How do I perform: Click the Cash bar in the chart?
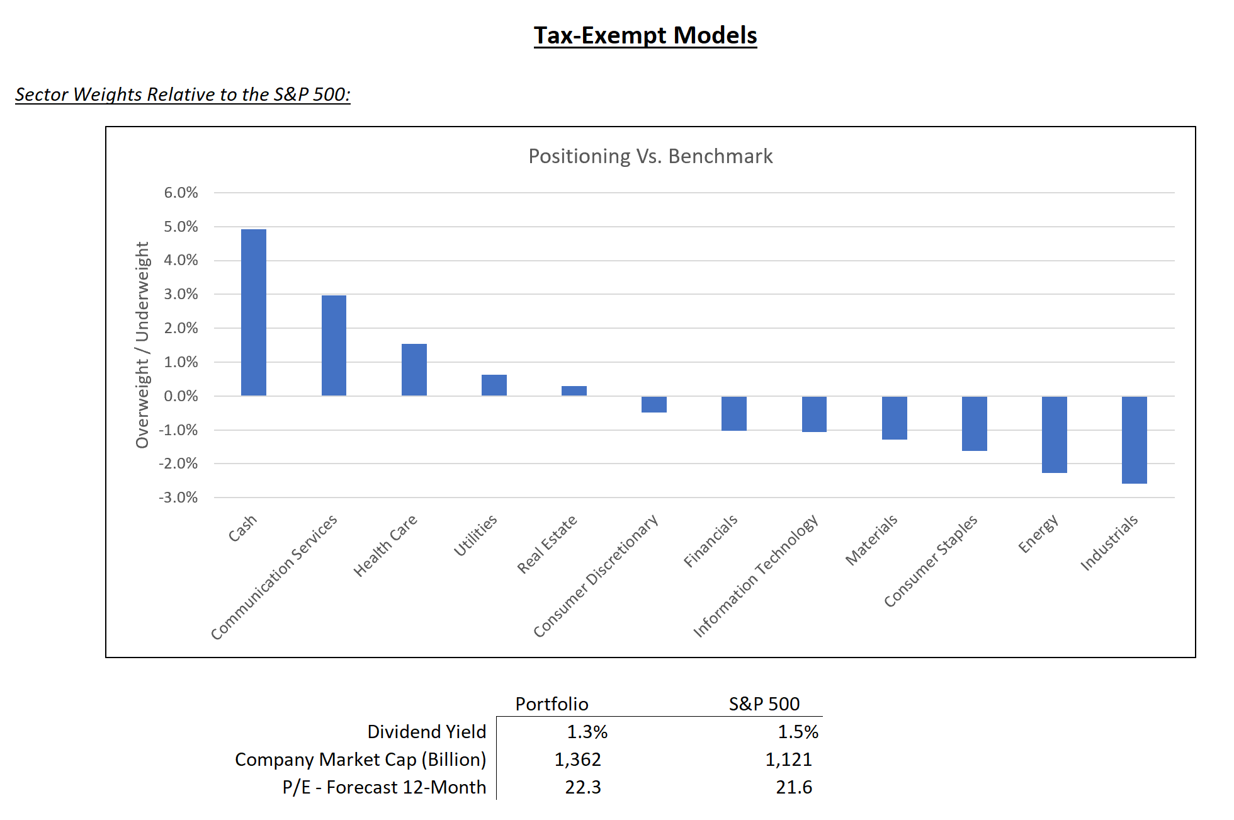click(x=253, y=312)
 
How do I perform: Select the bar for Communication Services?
click(x=334, y=345)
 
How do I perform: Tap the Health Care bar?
click(x=414, y=370)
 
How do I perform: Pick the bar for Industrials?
click(x=1134, y=440)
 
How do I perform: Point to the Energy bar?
click(x=1054, y=435)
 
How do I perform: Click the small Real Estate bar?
click(x=574, y=391)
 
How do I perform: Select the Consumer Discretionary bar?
click(x=654, y=404)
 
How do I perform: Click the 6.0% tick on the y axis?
click(x=181, y=193)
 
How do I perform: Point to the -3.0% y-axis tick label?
click(x=178, y=498)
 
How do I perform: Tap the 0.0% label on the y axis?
click(x=181, y=396)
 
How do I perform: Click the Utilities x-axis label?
click(x=475, y=535)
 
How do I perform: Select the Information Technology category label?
click(x=756, y=576)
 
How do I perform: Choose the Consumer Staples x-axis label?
click(x=931, y=561)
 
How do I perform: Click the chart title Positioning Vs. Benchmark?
click(x=650, y=156)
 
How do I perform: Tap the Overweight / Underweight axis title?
click(x=142, y=345)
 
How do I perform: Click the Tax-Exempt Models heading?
click(x=645, y=35)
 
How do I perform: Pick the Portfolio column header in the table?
click(x=552, y=703)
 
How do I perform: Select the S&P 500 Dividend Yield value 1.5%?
click(x=798, y=732)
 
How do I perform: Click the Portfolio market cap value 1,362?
click(x=577, y=760)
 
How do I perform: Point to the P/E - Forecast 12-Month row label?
click(x=384, y=787)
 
